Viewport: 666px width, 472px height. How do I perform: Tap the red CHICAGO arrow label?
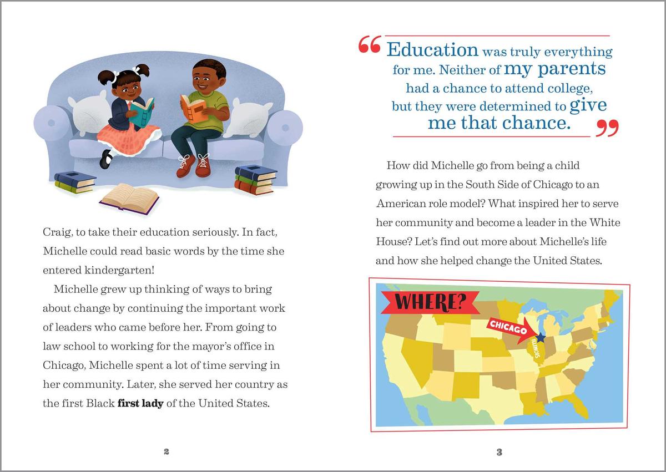(x=508, y=329)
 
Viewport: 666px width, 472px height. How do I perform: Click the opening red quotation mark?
(x=369, y=45)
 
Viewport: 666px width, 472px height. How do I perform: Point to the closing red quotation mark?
(x=607, y=129)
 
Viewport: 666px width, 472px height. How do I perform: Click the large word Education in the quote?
(x=432, y=49)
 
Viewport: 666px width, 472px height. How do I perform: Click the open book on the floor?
(x=129, y=198)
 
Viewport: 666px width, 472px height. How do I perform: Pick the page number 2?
(x=167, y=452)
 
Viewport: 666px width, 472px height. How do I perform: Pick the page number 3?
(x=499, y=452)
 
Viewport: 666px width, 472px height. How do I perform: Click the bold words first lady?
(x=140, y=403)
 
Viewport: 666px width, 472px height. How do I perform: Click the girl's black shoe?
(x=105, y=159)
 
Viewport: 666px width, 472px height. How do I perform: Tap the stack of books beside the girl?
(x=74, y=182)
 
